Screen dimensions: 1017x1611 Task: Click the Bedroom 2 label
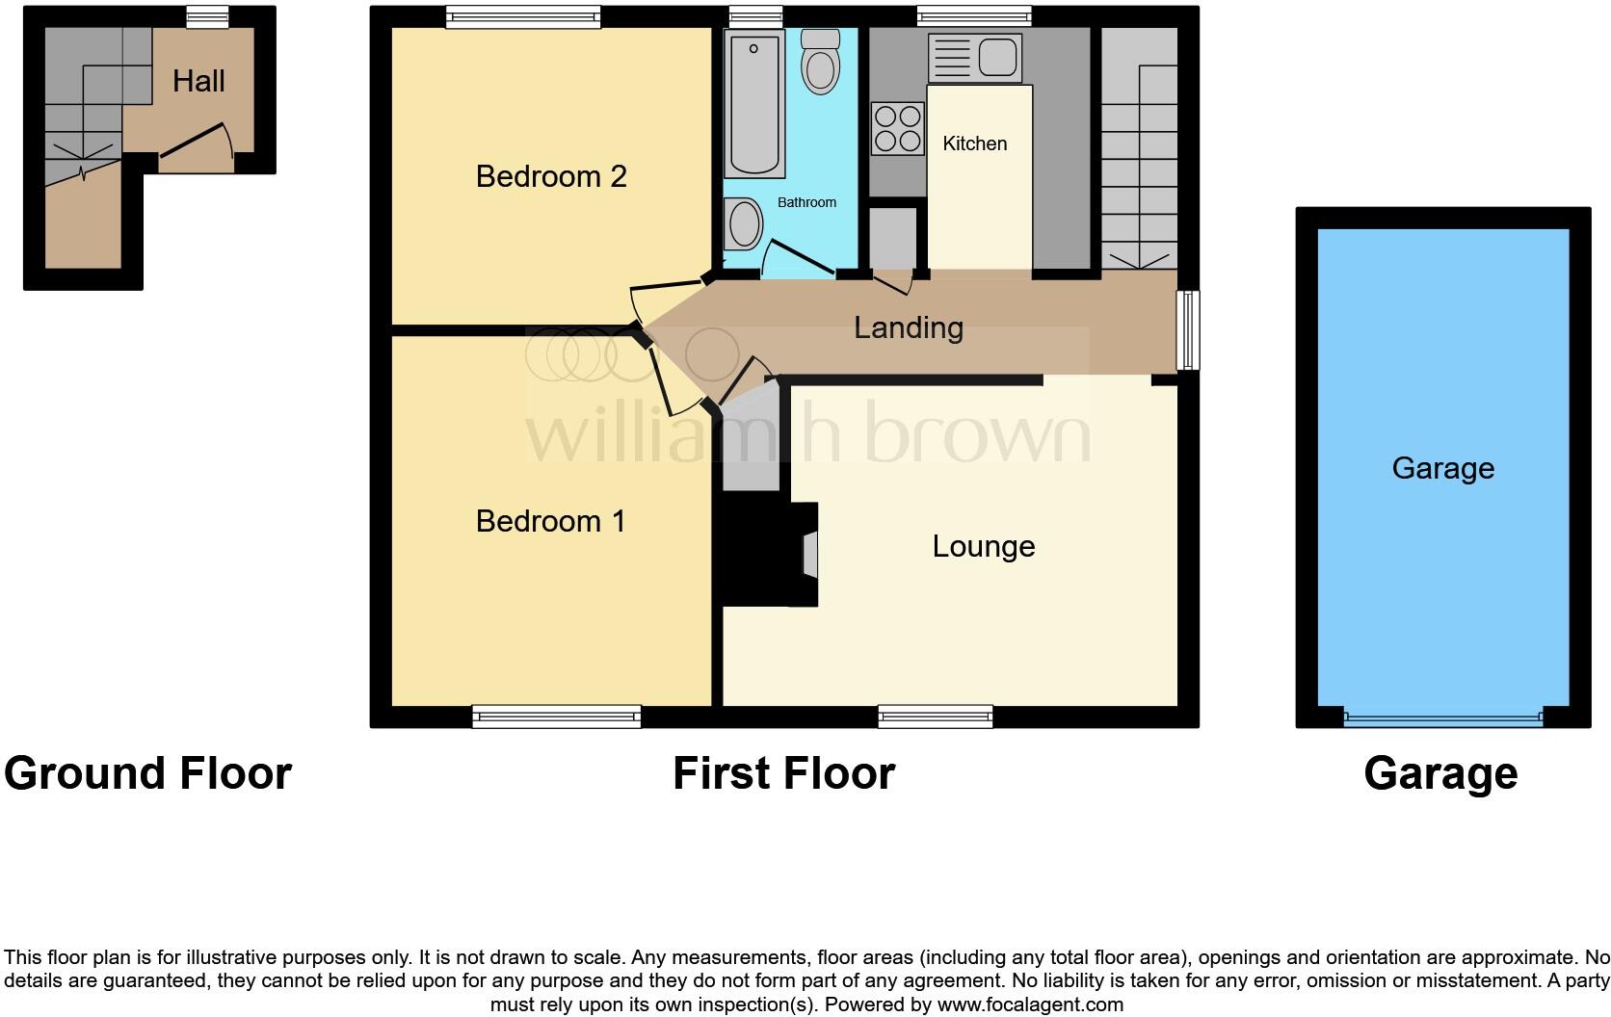(x=551, y=176)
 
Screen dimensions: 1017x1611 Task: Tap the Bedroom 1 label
(x=550, y=521)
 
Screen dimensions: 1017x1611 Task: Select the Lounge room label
(x=983, y=546)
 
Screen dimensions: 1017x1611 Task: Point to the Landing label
(x=908, y=327)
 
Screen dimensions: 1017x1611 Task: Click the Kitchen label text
(x=974, y=143)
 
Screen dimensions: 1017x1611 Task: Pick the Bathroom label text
(x=806, y=202)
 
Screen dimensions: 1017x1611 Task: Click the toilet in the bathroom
(x=821, y=63)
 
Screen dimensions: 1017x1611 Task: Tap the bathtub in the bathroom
(x=753, y=104)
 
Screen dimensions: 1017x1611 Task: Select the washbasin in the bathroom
(x=743, y=223)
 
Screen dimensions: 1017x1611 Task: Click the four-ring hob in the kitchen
(x=897, y=129)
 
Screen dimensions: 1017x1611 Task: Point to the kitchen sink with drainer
(x=974, y=58)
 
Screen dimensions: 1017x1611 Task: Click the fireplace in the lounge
(x=807, y=555)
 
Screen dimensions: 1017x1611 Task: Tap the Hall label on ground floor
(x=198, y=81)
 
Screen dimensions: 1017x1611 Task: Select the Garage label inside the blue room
(x=1442, y=468)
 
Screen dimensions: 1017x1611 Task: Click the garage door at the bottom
(x=1442, y=717)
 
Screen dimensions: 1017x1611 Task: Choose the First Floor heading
(x=783, y=773)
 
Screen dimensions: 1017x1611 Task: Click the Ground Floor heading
(x=147, y=773)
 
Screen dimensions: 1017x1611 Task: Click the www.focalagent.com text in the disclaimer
(x=1030, y=1004)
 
